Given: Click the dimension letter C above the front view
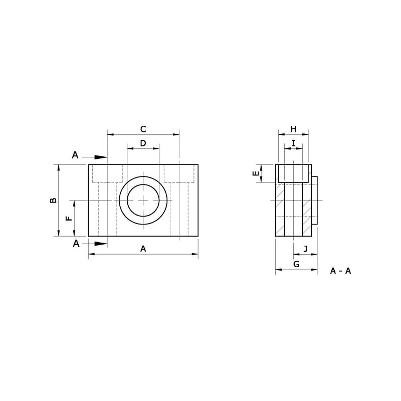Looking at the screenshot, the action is click(x=143, y=129).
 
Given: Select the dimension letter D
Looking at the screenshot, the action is click(x=143, y=143).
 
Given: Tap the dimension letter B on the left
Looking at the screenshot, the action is click(x=53, y=200).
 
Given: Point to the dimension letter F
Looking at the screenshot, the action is click(x=69, y=218).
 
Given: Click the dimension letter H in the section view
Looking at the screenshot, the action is click(x=293, y=129).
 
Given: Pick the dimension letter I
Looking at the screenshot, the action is click(x=293, y=143).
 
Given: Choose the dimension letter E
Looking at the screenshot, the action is click(x=256, y=173).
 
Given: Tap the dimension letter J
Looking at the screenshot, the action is click(x=306, y=249).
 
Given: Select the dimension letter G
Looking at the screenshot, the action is click(x=296, y=264).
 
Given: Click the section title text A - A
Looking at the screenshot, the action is click(x=340, y=271).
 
